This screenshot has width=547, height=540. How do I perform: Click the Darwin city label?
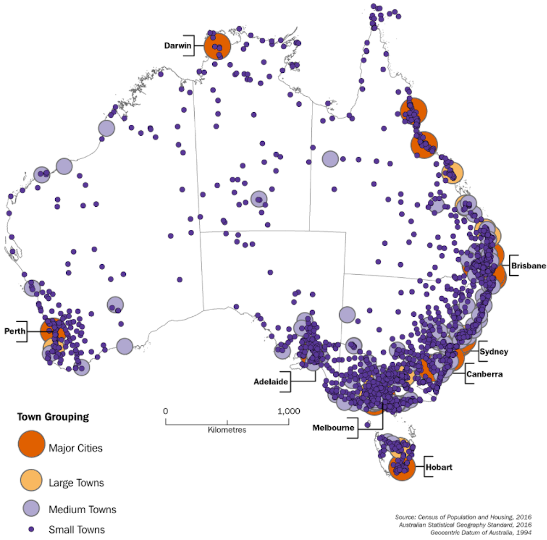pyautogui.click(x=178, y=45)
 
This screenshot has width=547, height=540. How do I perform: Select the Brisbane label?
pyautogui.click(x=528, y=266)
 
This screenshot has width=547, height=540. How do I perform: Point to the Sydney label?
pyautogui.click(x=494, y=351)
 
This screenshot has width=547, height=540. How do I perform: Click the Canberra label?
pyautogui.click(x=484, y=375)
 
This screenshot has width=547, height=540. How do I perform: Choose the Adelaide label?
pyautogui.click(x=271, y=381)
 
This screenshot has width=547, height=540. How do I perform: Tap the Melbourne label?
pyautogui.click(x=333, y=427)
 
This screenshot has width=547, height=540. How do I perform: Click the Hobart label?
pyautogui.click(x=441, y=467)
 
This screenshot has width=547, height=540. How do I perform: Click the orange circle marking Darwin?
pyautogui.click(x=217, y=46)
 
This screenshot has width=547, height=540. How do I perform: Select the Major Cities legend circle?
pyautogui.click(x=32, y=444)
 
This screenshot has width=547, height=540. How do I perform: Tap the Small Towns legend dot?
pyautogui.click(x=31, y=529)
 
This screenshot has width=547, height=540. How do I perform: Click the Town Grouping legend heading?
pyautogui.click(x=53, y=417)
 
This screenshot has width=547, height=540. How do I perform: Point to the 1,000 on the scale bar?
pyautogui.click(x=288, y=411)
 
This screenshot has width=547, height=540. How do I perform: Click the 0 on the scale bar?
pyautogui.click(x=165, y=411)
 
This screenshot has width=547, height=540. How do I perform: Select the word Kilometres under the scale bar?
pyautogui.click(x=227, y=429)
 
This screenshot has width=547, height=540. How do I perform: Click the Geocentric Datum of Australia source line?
pyautogui.click(x=481, y=532)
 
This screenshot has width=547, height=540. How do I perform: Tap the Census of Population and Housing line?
pyautogui.click(x=463, y=516)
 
